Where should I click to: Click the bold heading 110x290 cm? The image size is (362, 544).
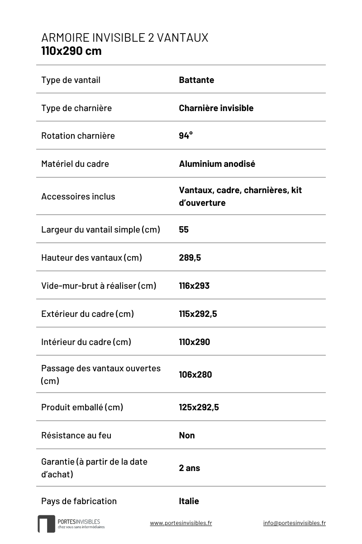(x=71, y=51)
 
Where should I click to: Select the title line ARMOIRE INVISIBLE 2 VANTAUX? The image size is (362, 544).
(x=124, y=38)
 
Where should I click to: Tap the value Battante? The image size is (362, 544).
(x=196, y=80)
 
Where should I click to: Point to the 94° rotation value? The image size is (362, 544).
(x=186, y=136)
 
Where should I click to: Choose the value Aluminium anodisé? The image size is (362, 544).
(x=217, y=164)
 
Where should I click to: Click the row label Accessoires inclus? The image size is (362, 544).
(x=78, y=196)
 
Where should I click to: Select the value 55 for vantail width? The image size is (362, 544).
(x=184, y=229)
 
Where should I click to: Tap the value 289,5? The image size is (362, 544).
(x=190, y=257)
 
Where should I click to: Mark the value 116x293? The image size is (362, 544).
(x=194, y=286)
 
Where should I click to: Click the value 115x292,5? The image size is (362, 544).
(x=198, y=314)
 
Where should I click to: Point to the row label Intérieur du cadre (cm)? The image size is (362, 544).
(x=86, y=342)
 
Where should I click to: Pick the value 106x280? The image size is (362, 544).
(x=195, y=374)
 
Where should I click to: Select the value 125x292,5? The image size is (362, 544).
(x=199, y=407)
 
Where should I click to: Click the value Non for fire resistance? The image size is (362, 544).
(x=187, y=435)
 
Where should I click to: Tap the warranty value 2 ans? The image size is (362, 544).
(x=189, y=468)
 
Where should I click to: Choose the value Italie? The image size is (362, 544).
(x=189, y=501)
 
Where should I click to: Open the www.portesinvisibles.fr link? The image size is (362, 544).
(x=181, y=523)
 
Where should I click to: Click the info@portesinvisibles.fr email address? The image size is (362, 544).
(x=294, y=523)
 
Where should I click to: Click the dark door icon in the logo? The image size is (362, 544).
(x=46, y=524)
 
